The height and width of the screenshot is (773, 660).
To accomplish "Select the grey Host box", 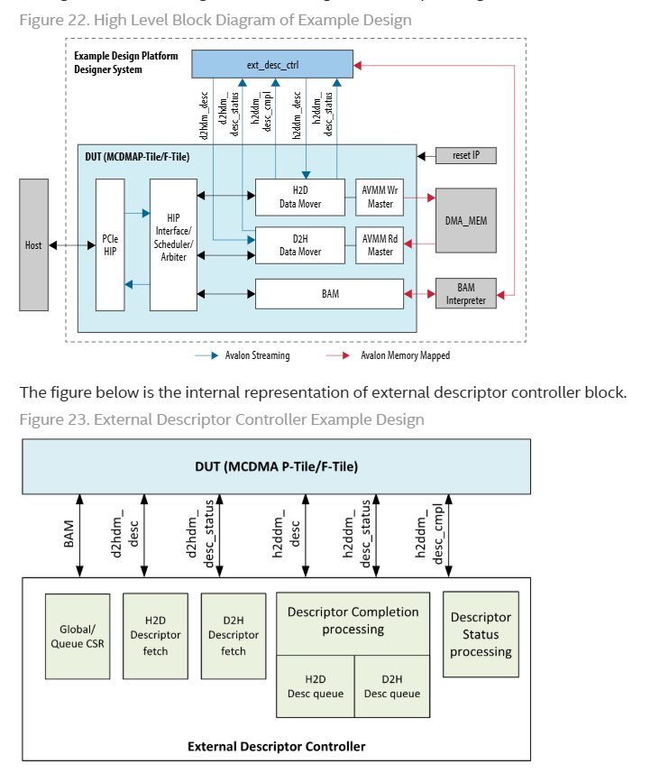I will coord(33,244).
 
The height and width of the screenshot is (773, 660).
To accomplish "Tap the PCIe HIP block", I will coord(110,244).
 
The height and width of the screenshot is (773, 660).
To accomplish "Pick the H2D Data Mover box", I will coord(300,197).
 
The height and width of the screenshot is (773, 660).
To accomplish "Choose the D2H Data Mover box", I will coord(300,244).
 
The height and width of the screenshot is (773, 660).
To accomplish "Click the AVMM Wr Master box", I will coord(380,197).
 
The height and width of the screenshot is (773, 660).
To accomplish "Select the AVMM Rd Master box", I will coord(380,244).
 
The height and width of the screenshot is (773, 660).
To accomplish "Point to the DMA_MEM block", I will coord(465,220).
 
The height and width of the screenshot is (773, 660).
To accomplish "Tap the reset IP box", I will coord(465,156).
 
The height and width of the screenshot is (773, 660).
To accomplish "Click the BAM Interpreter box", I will coord(465,293).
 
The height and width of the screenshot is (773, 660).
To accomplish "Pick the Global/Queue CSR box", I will coord(78,636).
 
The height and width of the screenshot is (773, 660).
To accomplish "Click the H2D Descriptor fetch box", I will coord(155,635).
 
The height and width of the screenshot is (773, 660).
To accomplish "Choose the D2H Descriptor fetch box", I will coord(233,635).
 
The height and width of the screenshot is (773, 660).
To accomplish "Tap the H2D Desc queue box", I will coord(315,686).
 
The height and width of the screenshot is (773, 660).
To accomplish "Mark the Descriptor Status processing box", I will coord(481,634).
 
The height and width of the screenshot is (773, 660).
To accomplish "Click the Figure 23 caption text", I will coord(222,419).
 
